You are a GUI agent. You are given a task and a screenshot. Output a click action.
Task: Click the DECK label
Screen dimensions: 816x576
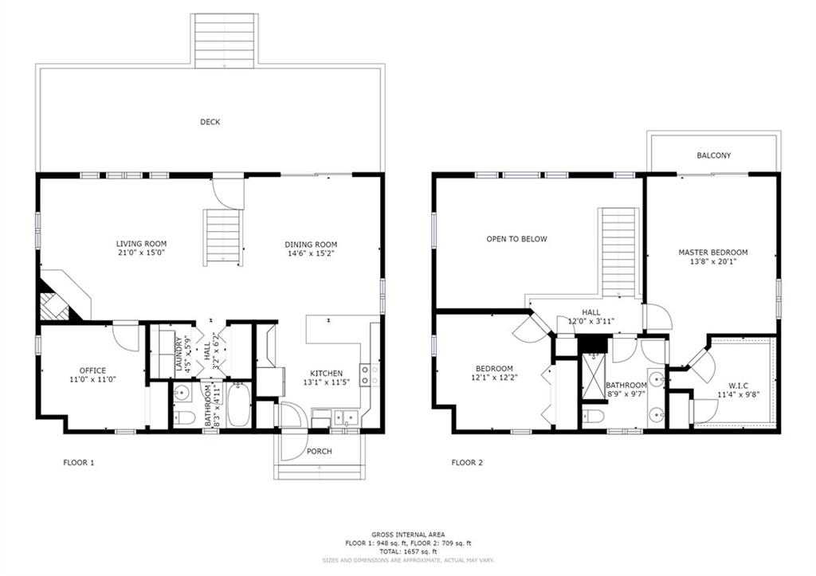click(x=210, y=122)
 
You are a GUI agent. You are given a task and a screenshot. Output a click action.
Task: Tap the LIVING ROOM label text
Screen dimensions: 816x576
click(x=141, y=244)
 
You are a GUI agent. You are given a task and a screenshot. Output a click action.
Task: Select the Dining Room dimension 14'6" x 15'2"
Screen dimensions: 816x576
click(x=311, y=253)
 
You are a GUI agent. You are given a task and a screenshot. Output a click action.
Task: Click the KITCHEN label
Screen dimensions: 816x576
click(x=326, y=373)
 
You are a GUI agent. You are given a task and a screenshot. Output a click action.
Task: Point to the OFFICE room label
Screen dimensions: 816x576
click(x=92, y=370)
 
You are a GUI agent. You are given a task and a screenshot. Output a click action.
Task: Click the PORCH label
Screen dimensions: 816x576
click(x=319, y=451)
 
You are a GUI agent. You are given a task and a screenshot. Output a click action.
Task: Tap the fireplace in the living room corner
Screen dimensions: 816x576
click(x=55, y=306)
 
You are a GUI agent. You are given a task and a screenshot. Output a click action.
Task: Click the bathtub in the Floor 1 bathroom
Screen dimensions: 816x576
click(x=239, y=405)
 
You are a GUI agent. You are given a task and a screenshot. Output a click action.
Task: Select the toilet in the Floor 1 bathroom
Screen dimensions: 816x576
click(x=183, y=417)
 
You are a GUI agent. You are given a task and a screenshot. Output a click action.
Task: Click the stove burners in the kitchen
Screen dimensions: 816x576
click(x=370, y=375)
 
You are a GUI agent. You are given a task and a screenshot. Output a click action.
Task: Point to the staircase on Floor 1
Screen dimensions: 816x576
click(x=223, y=237)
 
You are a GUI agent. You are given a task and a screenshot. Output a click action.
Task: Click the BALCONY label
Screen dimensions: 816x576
click(x=714, y=155)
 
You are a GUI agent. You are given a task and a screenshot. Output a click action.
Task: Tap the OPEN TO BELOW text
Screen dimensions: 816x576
click(x=516, y=239)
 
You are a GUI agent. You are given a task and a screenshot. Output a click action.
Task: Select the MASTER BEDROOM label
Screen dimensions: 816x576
click(x=713, y=253)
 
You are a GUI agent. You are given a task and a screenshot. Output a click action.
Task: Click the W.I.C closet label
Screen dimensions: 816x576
click(x=739, y=386)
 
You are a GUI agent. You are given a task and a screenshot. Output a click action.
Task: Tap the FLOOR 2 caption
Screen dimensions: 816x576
click(x=467, y=462)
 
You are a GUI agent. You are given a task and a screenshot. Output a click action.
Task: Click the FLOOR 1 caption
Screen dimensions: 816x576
click(x=79, y=462)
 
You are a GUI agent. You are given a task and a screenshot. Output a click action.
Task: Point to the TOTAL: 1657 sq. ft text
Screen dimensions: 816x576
click(x=408, y=551)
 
